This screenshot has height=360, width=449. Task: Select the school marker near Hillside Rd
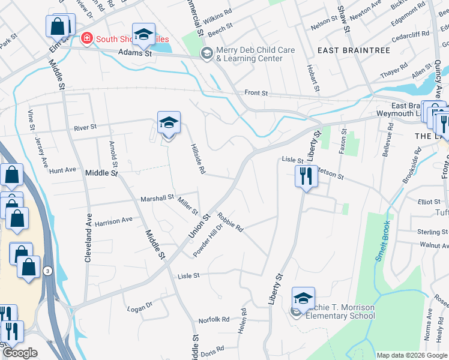point(169,123)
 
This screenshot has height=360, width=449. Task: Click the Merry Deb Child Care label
point(247,54)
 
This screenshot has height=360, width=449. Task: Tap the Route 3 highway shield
point(47,271)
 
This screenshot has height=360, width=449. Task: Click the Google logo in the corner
point(20,353)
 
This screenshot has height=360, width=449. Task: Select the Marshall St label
point(157,197)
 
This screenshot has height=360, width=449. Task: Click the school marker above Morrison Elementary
point(303,298)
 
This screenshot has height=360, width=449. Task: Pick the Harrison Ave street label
point(113,220)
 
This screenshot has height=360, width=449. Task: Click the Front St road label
point(256,94)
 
